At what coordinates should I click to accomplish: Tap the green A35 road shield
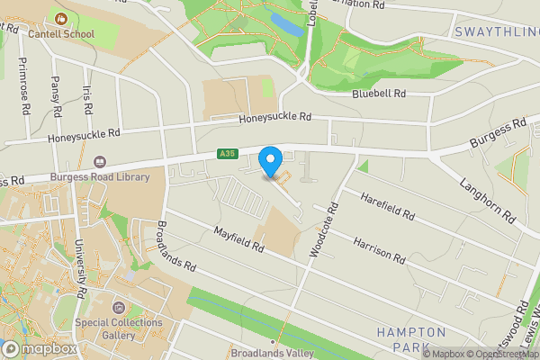[x=227, y=156]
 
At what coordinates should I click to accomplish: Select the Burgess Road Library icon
[x=99, y=165]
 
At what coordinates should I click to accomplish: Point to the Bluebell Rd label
[x=379, y=94]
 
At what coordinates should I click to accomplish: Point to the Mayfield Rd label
[x=238, y=239]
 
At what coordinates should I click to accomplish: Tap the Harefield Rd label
[x=386, y=207]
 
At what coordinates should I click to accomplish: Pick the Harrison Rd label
[x=379, y=250]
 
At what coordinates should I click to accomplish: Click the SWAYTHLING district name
[x=496, y=32]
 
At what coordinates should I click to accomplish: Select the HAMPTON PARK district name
[x=411, y=339]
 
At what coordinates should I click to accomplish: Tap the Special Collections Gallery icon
[x=120, y=308]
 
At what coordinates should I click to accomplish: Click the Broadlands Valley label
[x=272, y=353]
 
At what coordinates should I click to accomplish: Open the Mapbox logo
[x=40, y=348]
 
